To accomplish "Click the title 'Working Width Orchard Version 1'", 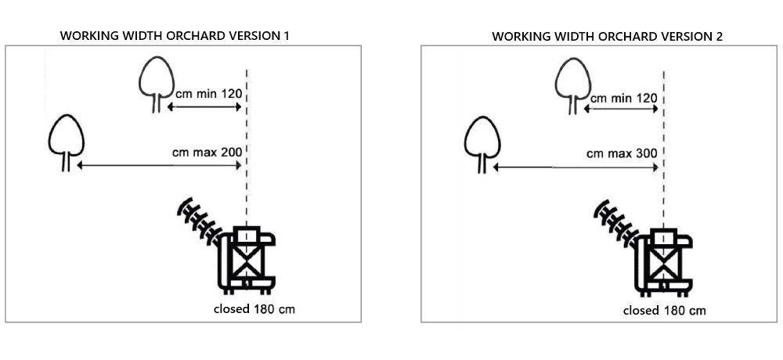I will pos(180,36).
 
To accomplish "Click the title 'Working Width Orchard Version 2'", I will pos(607,36).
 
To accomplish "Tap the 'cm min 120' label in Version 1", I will pos(208,93).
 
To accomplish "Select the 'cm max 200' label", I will pos(207,151).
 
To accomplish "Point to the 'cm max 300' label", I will pos(622,153).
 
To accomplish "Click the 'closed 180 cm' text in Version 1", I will pos(254,308).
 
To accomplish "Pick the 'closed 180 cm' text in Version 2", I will pos(664,311).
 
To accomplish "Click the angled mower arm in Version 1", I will pos(200,222).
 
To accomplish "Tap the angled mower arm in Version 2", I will pos(616,225).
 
